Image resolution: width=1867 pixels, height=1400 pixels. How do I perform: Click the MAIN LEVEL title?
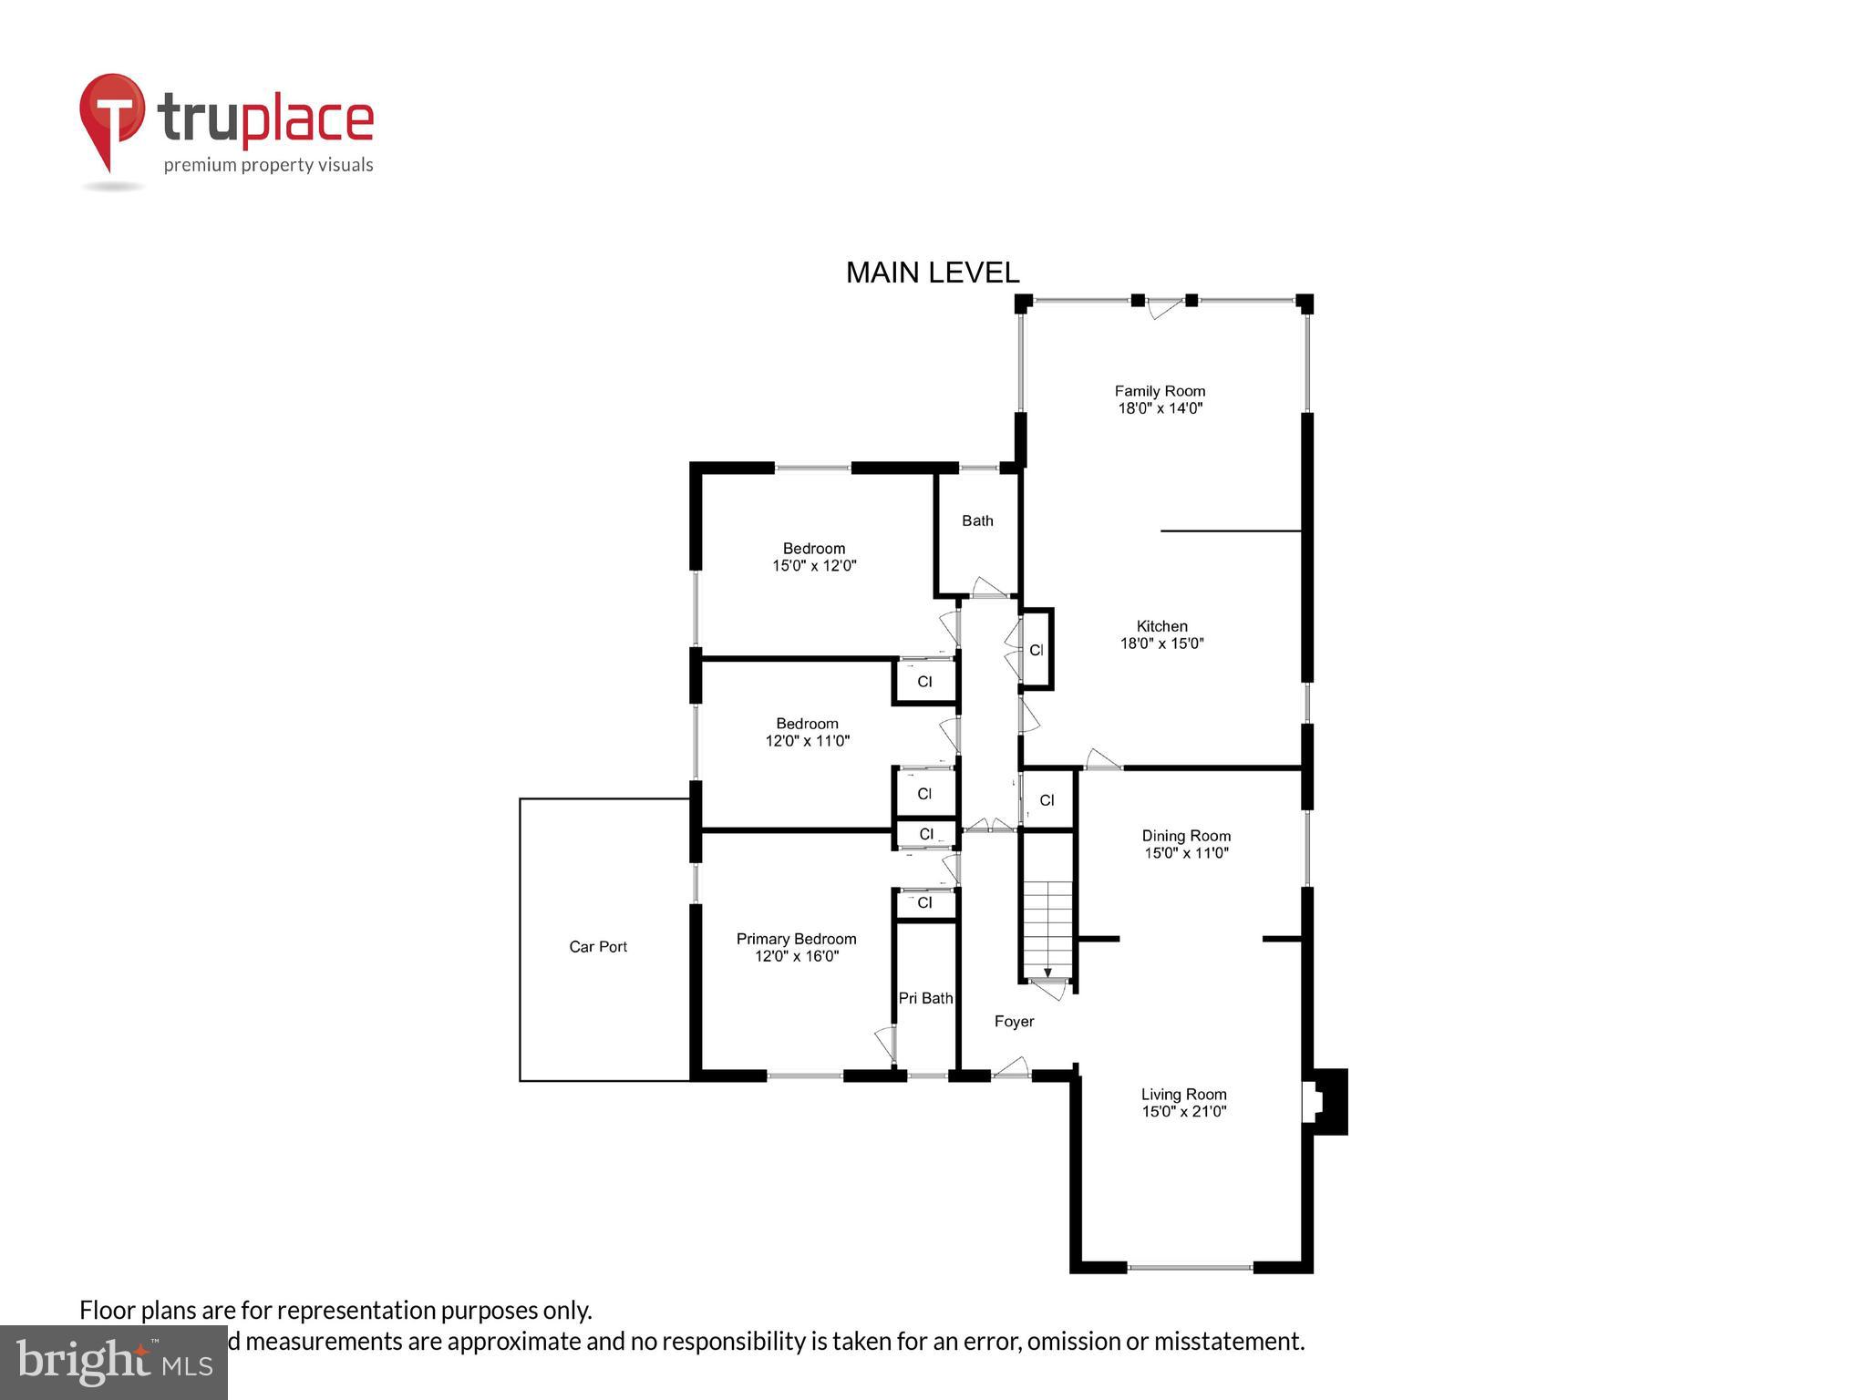point(932,273)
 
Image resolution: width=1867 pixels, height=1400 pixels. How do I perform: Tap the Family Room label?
point(1160,391)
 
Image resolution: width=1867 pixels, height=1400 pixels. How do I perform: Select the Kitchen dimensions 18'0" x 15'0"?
point(1161,643)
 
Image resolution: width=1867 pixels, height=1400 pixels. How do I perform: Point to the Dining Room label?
point(1186,836)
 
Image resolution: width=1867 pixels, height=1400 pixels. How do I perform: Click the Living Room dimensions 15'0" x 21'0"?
point(1183,1112)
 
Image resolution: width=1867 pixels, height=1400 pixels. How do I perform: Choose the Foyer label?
point(1014,1022)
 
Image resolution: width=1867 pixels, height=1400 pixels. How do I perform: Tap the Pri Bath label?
point(925,998)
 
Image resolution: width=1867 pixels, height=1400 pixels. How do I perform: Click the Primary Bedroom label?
point(796,939)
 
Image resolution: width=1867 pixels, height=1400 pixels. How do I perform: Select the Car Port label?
point(598,947)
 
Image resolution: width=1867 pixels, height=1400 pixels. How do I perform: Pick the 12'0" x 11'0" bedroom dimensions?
point(807,741)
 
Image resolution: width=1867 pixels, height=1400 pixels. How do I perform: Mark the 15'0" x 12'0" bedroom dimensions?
point(814,566)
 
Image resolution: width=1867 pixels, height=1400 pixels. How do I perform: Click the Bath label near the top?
point(977,520)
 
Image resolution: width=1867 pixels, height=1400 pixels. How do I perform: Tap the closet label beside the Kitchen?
point(1036,651)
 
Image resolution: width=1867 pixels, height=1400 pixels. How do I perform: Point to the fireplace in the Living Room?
point(1324,1102)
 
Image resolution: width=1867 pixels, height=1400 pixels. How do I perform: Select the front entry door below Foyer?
point(1010,1069)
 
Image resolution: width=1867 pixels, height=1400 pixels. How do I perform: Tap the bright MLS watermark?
point(114,1363)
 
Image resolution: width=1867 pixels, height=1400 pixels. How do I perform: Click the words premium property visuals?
point(268,165)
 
